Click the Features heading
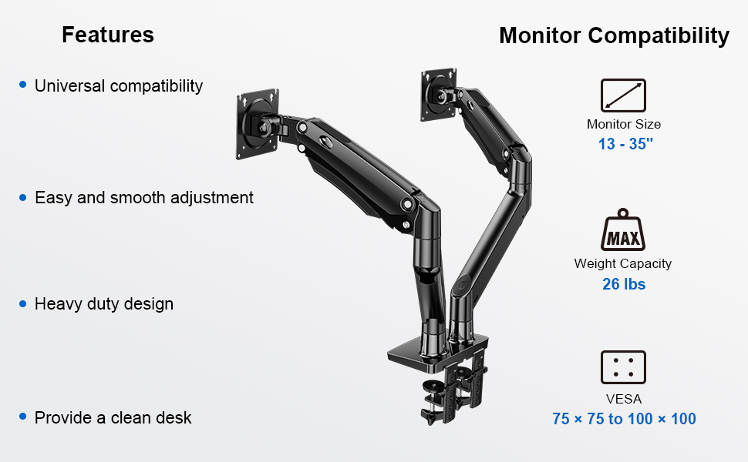pos(108,35)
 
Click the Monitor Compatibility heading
pos(614,36)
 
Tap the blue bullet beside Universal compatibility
pos(22,85)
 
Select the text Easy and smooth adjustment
pos(144,198)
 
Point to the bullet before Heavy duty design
pos(22,304)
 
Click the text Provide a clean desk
pos(113,417)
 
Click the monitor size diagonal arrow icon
pos(623,95)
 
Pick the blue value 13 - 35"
pos(625,144)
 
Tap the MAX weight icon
pos(623,229)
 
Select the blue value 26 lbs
pos(624,284)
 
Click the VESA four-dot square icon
pos(623,367)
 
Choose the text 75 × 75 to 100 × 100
pos(624,419)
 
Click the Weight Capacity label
pos(622,263)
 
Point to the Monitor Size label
pos(624,124)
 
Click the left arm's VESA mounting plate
pos(258,124)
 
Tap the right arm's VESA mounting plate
pos(438,94)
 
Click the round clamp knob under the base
pos(433,386)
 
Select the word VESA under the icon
pos(624,399)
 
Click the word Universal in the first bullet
pos(69,85)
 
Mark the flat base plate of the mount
pos(436,353)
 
